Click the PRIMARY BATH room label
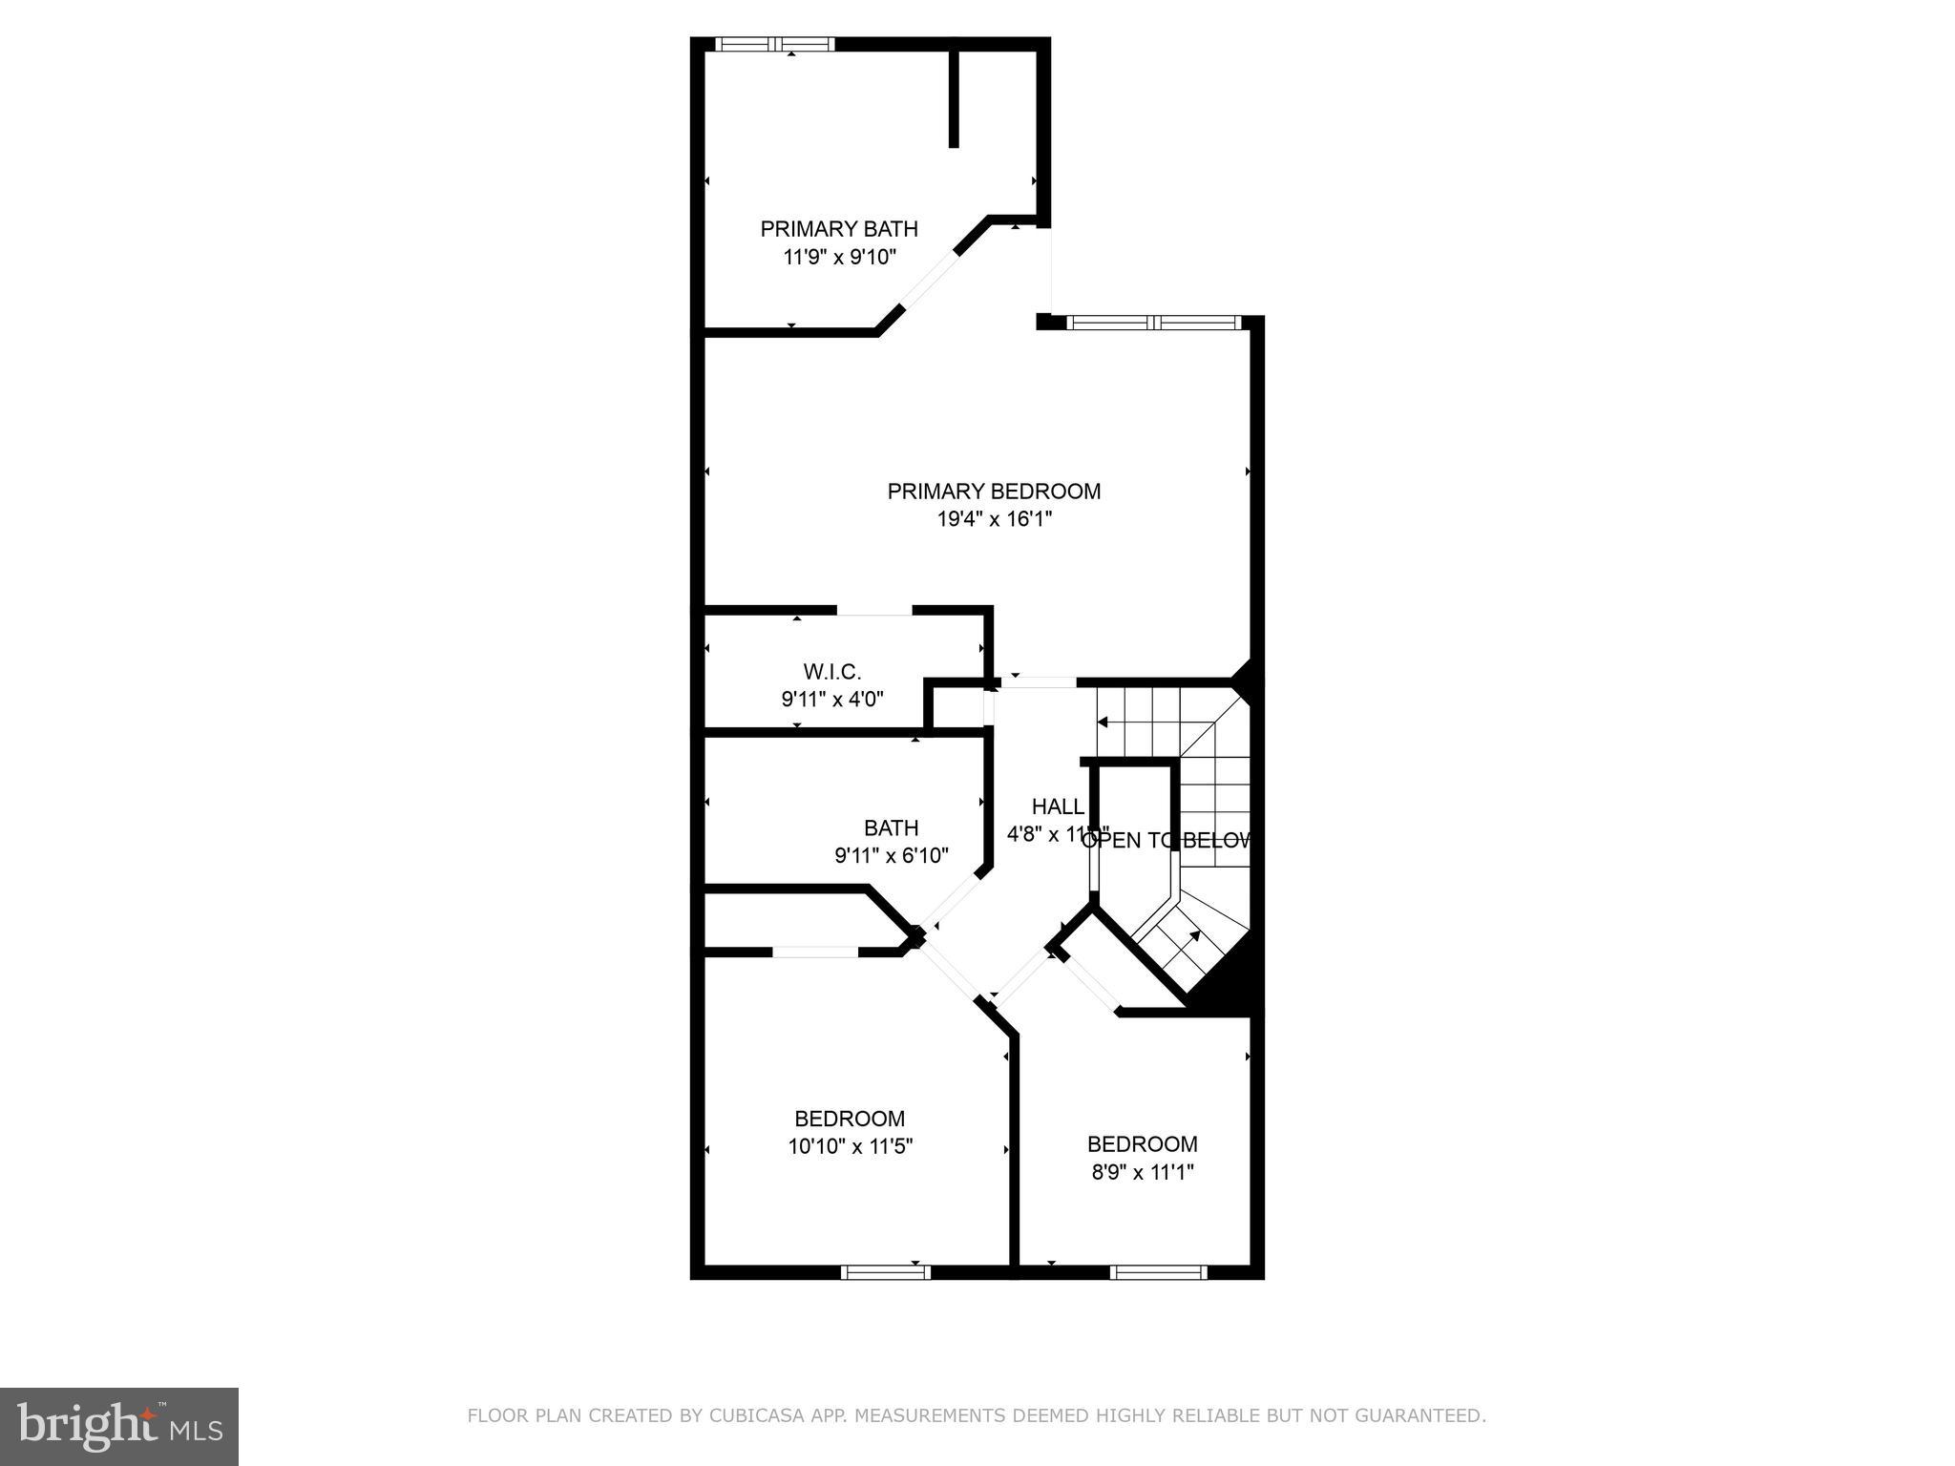(838, 229)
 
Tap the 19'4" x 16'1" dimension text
(994, 519)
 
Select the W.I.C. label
(831, 672)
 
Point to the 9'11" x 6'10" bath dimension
(891, 856)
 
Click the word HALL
(1058, 806)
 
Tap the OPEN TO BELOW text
(1167, 841)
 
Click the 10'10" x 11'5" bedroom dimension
(850, 1146)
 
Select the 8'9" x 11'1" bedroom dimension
(1143, 1172)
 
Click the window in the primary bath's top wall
(775, 44)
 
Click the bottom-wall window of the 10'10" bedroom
(885, 1271)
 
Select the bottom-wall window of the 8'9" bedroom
(1158, 1271)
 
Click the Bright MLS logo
(119, 1427)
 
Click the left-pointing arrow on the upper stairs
(1103, 723)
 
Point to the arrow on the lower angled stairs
(1194, 938)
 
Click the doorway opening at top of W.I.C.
(874, 610)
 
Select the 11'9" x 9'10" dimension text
(839, 257)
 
